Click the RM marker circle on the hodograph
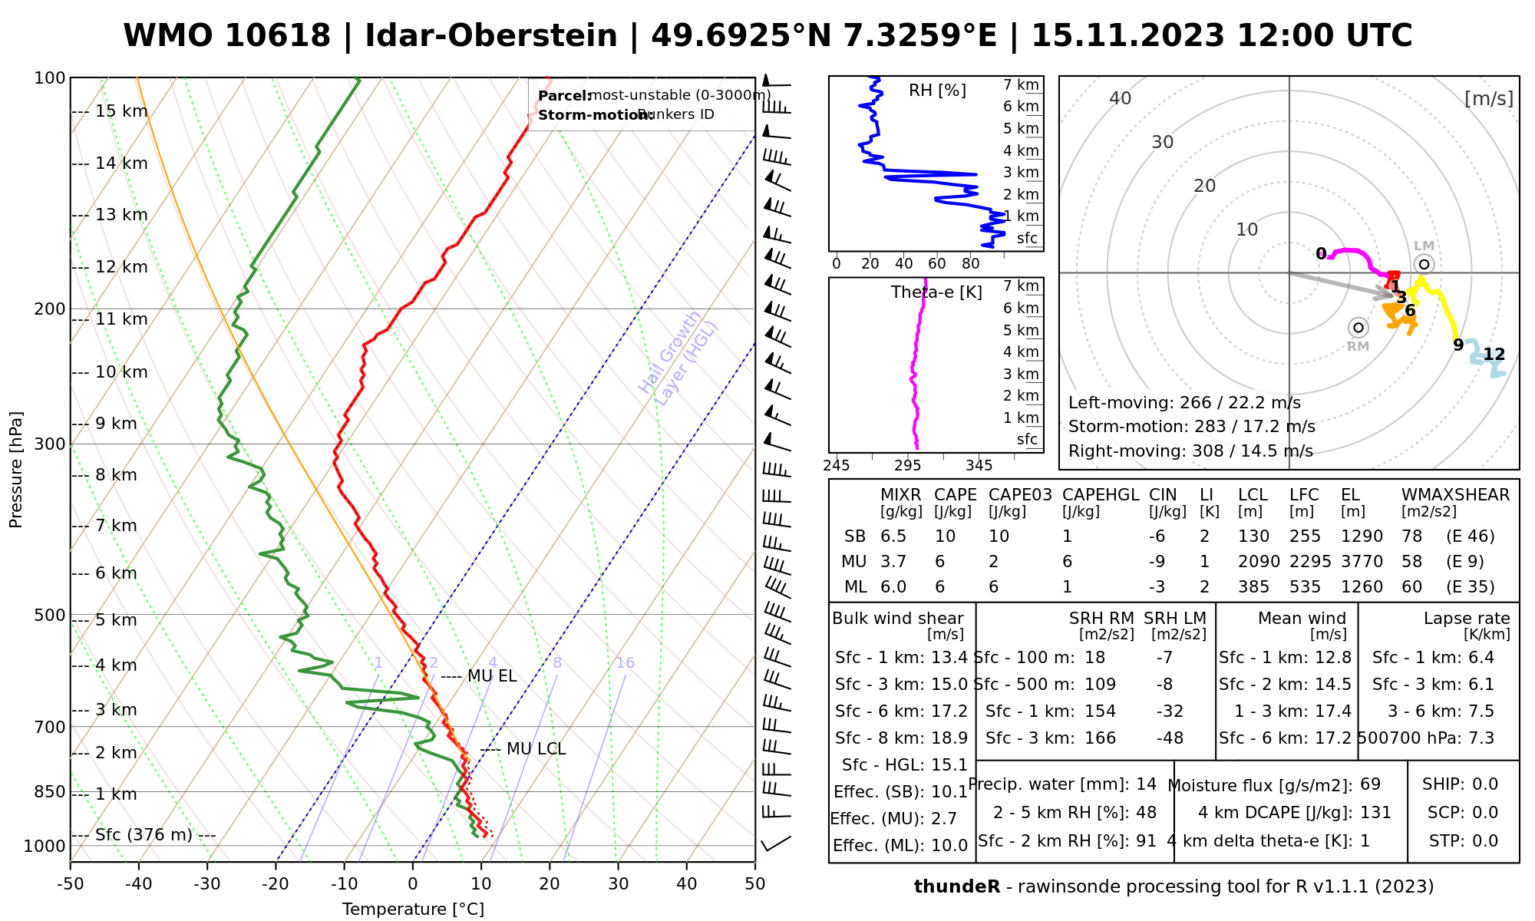(1358, 328)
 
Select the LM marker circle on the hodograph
(1424, 265)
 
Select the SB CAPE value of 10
(945, 536)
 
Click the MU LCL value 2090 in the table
(1259, 562)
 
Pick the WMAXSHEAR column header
(1455, 495)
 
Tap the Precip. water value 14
(1146, 784)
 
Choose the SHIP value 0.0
(1485, 784)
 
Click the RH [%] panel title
(937, 91)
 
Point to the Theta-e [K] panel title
(936, 292)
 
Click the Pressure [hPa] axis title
(16, 470)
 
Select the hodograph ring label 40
(1121, 98)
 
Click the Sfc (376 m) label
(144, 835)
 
